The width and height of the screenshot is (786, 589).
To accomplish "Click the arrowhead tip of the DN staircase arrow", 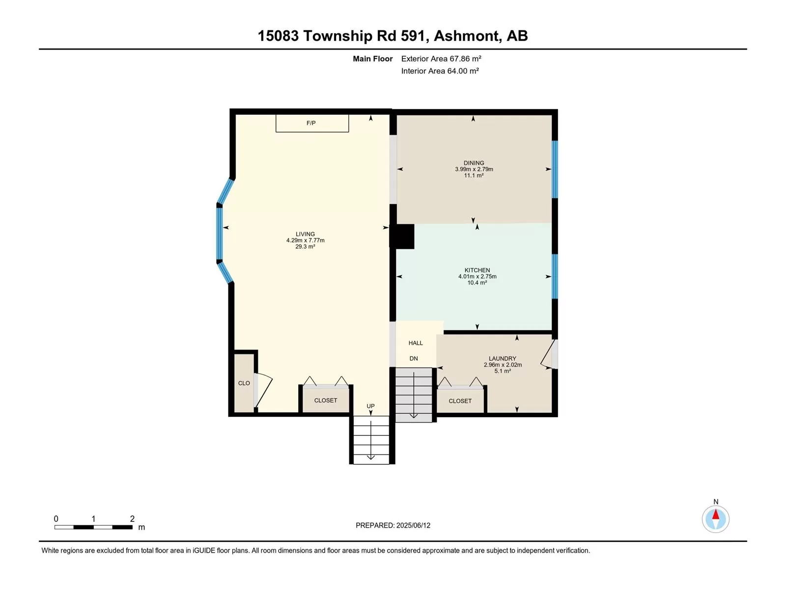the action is click(x=414, y=418).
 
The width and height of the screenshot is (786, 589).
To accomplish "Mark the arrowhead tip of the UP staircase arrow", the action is click(x=371, y=459).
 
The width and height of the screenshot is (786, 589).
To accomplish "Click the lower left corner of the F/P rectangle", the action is click(x=276, y=132).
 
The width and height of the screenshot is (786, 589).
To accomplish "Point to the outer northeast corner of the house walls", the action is click(x=558, y=109).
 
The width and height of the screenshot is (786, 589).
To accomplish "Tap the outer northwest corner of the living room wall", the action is click(x=230, y=108).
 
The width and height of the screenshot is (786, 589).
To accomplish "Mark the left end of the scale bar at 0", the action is click(x=55, y=527).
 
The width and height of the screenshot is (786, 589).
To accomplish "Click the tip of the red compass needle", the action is click(x=715, y=509).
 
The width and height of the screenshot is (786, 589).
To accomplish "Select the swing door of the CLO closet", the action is click(x=263, y=390).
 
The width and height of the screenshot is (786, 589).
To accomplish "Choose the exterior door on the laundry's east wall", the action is click(x=549, y=354).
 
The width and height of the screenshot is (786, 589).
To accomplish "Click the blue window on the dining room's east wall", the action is click(x=555, y=169).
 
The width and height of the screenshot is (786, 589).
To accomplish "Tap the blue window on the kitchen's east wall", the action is click(x=555, y=276).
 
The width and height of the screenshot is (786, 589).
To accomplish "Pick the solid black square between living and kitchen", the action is click(x=402, y=237).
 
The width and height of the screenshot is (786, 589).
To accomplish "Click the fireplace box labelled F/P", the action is click(x=312, y=123).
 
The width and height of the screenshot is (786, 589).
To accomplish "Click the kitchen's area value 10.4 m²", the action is click(x=477, y=283).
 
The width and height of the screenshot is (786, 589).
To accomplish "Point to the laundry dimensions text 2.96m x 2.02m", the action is click(x=503, y=365).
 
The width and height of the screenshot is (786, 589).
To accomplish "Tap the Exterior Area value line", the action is click(x=441, y=58).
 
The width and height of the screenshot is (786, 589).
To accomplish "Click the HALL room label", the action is click(x=416, y=343).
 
